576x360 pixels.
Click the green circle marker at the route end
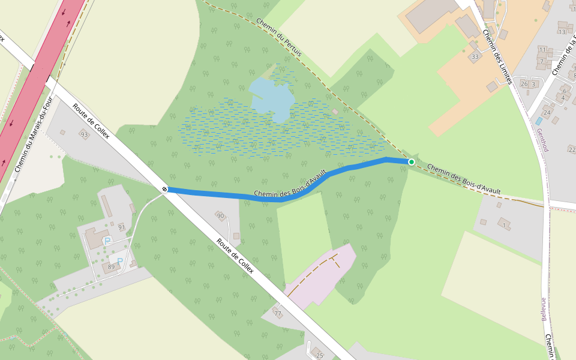pyautogui.click(x=412, y=162)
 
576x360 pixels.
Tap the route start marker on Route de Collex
pyautogui.click(x=164, y=190)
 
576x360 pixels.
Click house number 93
pyautogui.click(x=84, y=134)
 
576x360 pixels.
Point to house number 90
pyautogui.click(x=220, y=215)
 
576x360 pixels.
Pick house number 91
pyautogui.click(x=122, y=227)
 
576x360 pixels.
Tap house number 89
pyautogui.click(x=111, y=266)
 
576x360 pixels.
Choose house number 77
pyautogui.click(x=277, y=313)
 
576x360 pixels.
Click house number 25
pyautogui.click(x=319, y=356)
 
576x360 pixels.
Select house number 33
pyautogui.click(x=475, y=57)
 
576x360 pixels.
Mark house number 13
pyautogui.click(x=562, y=31)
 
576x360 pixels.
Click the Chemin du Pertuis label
pyautogui.click(x=279, y=38)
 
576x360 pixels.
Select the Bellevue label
pyautogui.click(x=544, y=309)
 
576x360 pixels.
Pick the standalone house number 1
pyautogui.click(x=505, y=225)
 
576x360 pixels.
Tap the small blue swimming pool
pyautogui.click(x=539, y=121)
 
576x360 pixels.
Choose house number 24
pyautogui.click(x=547, y=112)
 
